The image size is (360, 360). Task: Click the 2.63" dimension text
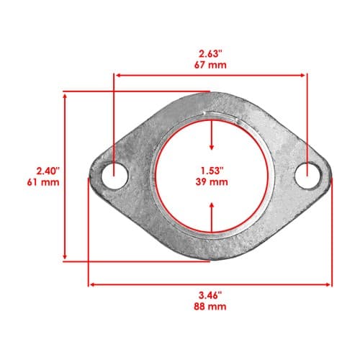(210, 54)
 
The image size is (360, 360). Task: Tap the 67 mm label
(210, 65)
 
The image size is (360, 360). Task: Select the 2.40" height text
(48, 171)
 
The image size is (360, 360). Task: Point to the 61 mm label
(43, 182)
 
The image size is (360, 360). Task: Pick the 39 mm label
(212, 182)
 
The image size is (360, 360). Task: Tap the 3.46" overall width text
(210, 295)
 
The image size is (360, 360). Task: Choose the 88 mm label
(210, 307)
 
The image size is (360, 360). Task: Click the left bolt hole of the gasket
(114, 176)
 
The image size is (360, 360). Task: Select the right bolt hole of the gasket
(308, 176)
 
